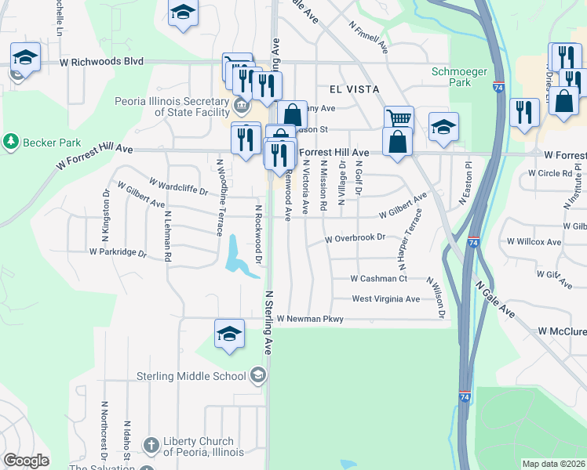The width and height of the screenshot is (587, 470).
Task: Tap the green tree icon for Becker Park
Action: [10, 142]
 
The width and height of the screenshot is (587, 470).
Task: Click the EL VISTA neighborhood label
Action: [344, 89]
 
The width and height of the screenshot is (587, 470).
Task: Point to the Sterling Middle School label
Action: [193, 376]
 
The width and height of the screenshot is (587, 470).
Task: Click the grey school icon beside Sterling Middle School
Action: [257, 375]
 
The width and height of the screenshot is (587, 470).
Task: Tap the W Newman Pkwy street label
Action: [311, 319]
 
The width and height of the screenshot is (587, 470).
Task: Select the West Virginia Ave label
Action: [385, 299]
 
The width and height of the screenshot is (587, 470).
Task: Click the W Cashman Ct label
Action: [378, 278]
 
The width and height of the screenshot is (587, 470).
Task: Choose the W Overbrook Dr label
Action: [355, 237]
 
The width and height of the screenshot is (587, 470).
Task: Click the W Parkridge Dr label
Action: [118, 252]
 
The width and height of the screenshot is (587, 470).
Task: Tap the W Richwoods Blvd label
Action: [101, 61]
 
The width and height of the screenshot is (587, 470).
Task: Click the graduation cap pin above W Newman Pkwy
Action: [228, 335]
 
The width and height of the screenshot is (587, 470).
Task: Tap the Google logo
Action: [26, 461]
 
